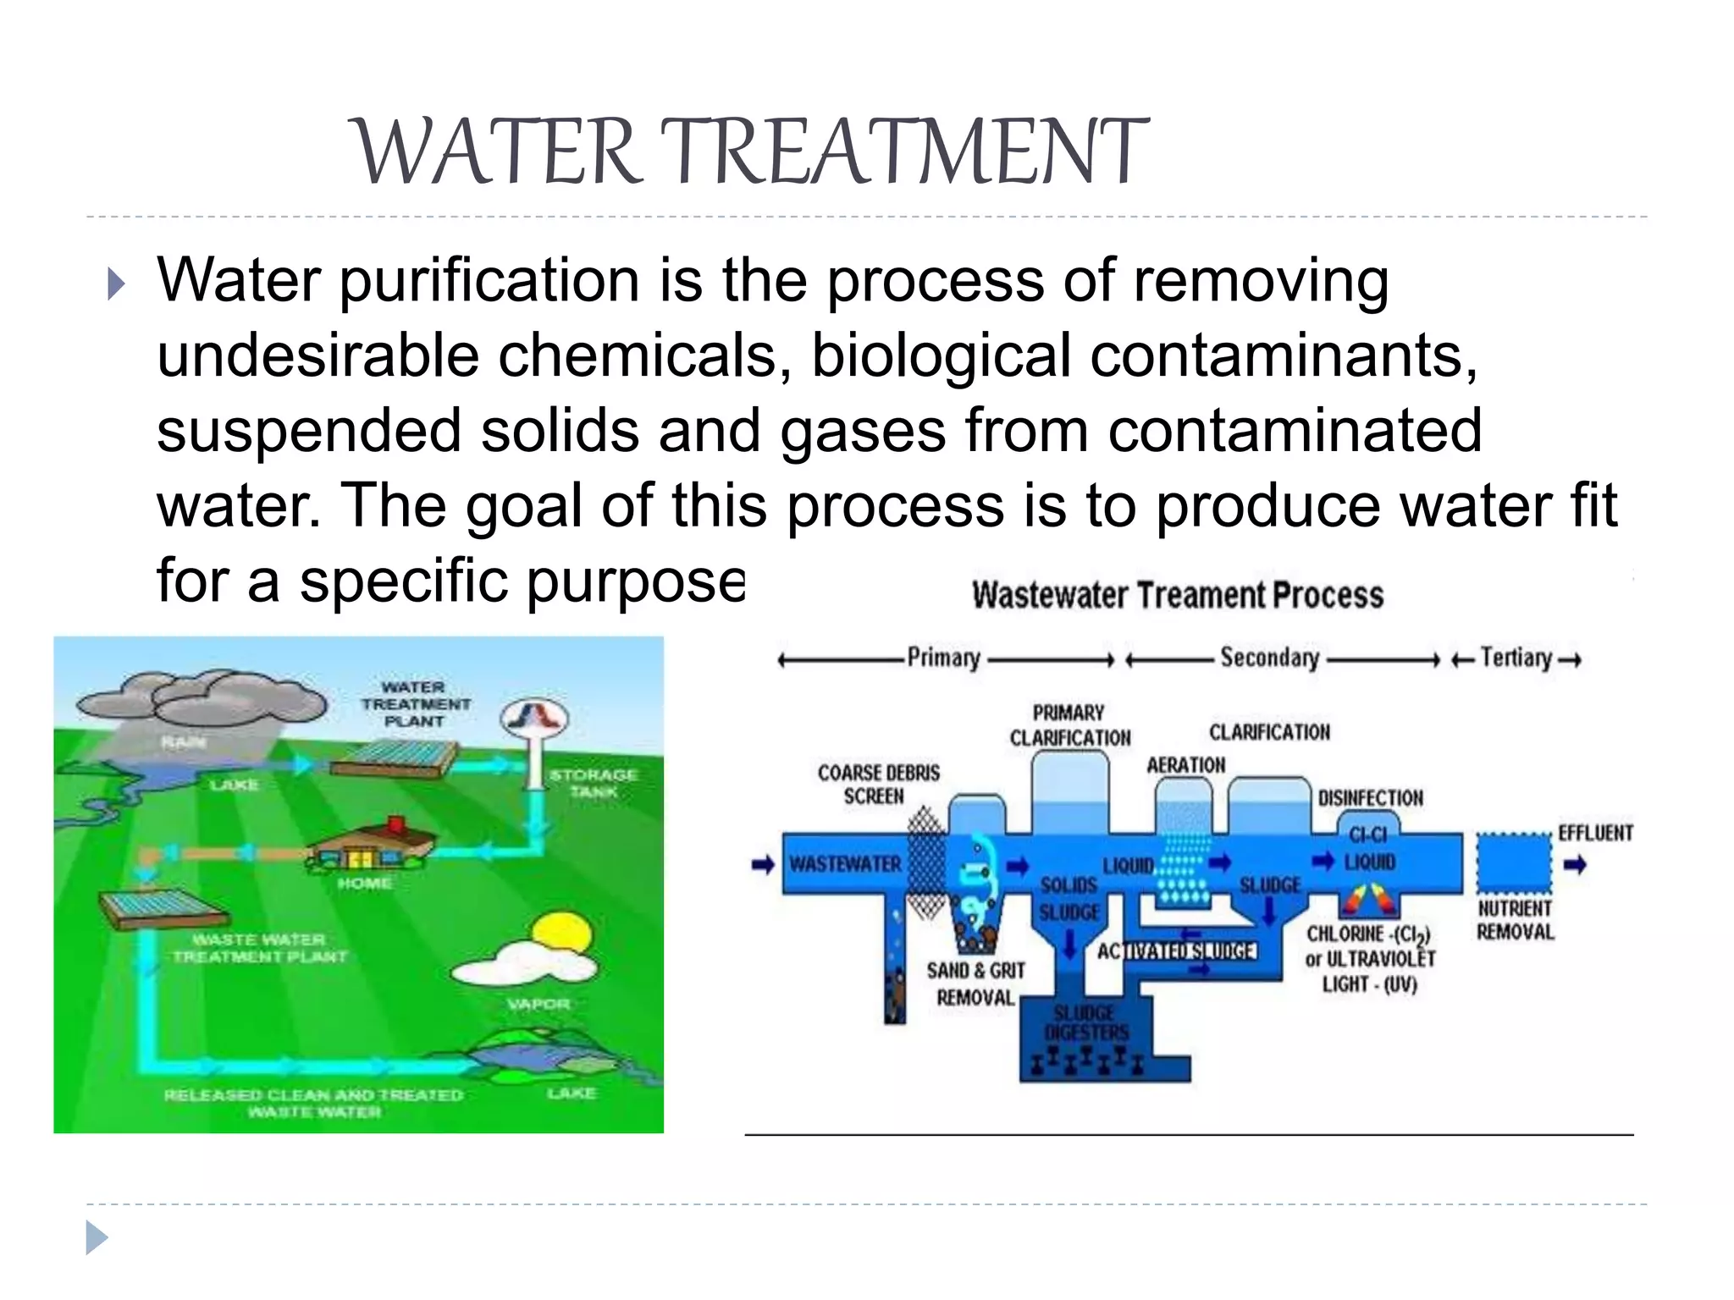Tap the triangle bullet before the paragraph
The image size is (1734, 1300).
click(x=117, y=284)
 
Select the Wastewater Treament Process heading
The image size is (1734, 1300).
click(x=1177, y=595)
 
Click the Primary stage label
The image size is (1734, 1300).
click(x=943, y=658)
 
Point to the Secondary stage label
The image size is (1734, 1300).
click(x=1269, y=658)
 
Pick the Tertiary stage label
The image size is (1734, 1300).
click(x=1516, y=658)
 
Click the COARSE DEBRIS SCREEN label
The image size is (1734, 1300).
click(x=878, y=785)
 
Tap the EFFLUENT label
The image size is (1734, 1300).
click(x=1595, y=833)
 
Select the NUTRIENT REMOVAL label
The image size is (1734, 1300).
click(x=1515, y=920)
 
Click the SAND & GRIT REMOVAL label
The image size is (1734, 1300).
click(x=975, y=983)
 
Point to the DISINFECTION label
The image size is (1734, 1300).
click(x=1370, y=798)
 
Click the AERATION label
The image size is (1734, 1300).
click(x=1185, y=765)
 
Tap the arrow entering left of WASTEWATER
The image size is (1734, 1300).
click(x=763, y=865)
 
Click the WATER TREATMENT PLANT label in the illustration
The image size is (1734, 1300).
click(x=414, y=704)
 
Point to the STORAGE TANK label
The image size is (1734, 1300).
click(x=593, y=783)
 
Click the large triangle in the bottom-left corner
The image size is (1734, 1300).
click(x=97, y=1238)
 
